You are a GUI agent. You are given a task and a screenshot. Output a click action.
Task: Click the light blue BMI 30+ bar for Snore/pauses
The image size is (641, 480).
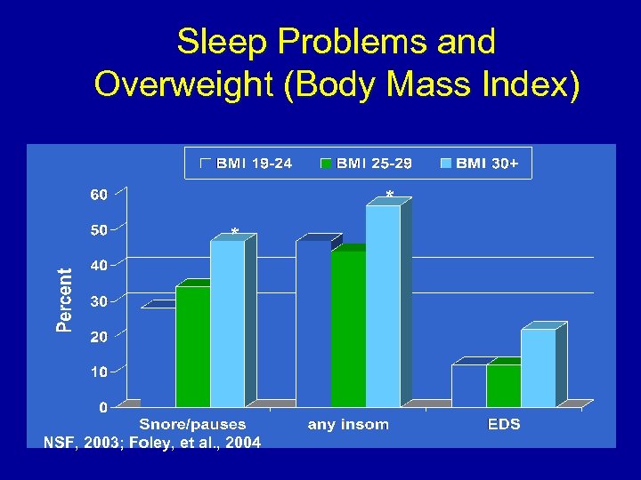point(227,324)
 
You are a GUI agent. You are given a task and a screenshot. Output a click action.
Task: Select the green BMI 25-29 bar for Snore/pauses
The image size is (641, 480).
point(192,347)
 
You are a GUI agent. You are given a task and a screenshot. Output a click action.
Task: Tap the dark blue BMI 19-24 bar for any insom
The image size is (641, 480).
point(313,324)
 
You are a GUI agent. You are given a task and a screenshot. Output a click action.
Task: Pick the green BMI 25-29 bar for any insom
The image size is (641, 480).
point(348,329)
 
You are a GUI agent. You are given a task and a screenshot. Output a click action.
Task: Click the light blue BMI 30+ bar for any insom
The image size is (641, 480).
point(383,307)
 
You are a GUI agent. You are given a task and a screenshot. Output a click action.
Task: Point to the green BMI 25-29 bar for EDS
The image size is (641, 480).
point(503,386)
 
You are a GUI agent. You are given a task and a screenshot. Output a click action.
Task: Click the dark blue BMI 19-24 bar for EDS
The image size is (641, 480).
point(468,386)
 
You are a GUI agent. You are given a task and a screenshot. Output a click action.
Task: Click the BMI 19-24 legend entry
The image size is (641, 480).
point(247,164)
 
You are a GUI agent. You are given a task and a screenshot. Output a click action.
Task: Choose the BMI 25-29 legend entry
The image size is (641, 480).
point(366,164)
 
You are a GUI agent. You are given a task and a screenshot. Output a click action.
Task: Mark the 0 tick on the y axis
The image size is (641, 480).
point(103,407)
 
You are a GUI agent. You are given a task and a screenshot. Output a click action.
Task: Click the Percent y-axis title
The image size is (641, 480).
point(65,300)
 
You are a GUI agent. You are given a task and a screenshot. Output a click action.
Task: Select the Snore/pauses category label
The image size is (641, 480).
point(192,424)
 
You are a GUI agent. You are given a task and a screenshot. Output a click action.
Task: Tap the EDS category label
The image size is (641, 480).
point(505,424)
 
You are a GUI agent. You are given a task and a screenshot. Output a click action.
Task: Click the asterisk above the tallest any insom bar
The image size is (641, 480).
point(390,195)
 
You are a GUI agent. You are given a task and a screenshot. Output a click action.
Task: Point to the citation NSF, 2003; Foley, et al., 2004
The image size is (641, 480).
point(152,442)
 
